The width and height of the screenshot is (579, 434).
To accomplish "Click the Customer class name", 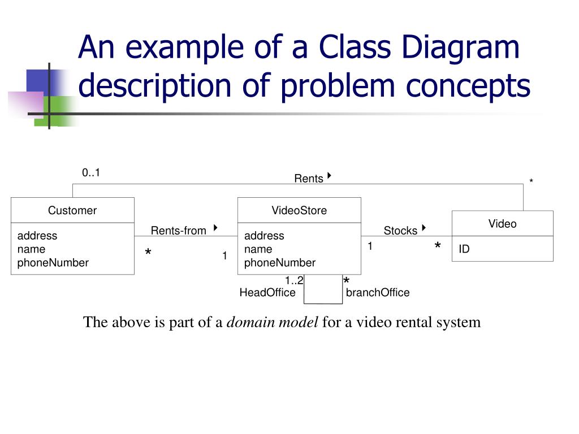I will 72,211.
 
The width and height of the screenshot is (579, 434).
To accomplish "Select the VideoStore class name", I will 299,211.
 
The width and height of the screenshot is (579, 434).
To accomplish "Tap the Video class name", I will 503,224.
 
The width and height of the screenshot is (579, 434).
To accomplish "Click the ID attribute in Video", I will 464,249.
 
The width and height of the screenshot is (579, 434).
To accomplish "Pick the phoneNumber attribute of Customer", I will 53,263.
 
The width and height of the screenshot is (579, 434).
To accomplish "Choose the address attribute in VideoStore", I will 264,236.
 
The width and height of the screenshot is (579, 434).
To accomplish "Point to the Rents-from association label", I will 178,231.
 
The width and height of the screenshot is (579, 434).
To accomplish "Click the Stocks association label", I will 400,231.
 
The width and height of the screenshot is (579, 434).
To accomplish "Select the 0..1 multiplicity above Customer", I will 91,173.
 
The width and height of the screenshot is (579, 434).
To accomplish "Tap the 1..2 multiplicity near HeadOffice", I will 294,280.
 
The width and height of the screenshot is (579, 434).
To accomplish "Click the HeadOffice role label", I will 267,292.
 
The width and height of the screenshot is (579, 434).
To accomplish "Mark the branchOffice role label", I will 378,292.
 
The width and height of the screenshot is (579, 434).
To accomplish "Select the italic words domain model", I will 273,323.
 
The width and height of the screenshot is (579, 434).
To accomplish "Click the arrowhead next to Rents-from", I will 215,228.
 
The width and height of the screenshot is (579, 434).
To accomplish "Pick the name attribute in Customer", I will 31,249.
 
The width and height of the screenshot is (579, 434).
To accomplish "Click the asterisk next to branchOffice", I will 347,281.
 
